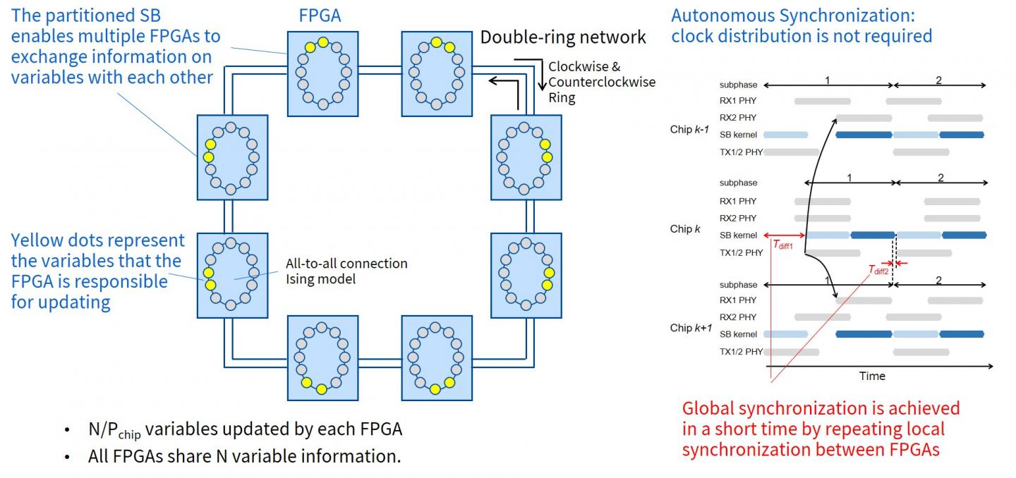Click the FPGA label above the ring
(320, 15)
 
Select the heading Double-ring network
(563, 37)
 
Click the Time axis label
(872, 376)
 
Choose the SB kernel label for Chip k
(738, 235)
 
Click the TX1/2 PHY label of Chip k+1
(741, 351)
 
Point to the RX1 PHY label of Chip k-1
(738, 101)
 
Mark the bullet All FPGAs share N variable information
(244, 456)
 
